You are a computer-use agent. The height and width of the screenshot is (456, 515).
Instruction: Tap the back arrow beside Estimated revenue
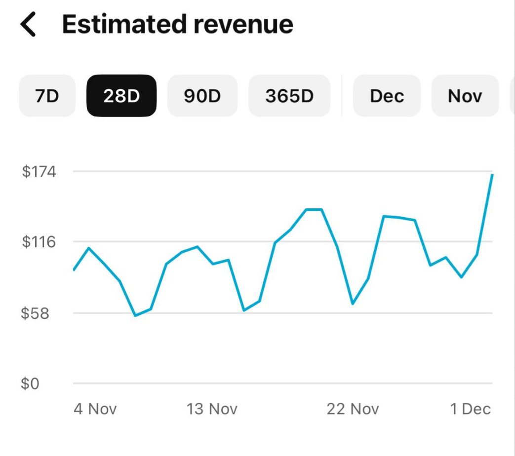[x=28, y=25]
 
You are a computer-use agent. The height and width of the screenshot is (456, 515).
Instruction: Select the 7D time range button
[x=47, y=96]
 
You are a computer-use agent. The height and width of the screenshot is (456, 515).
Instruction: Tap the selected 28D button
[x=121, y=96]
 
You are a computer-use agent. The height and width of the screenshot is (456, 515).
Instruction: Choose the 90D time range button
[x=202, y=96]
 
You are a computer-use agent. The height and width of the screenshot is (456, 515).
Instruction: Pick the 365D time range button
[x=289, y=96]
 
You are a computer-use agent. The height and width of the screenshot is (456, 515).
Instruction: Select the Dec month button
[x=387, y=96]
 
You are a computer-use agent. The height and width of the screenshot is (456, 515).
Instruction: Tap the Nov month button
[x=465, y=96]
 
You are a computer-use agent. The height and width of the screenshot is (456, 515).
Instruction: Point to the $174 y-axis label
[x=39, y=172]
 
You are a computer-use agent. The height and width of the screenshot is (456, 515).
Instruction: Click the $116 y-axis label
[x=39, y=242]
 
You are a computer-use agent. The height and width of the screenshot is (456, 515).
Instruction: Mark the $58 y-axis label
[x=35, y=313]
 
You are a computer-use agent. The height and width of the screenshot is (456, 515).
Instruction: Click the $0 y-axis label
[x=30, y=384]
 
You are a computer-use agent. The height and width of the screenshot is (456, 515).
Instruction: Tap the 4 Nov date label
[x=95, y=409]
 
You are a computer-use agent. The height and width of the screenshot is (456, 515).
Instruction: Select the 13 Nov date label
[x=212, y=409]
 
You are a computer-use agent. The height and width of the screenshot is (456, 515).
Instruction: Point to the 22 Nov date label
[x=353, y=409]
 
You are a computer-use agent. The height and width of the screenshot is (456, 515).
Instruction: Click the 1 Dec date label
[x=470, y=409]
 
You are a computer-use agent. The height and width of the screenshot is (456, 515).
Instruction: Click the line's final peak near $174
[x=492, y=175]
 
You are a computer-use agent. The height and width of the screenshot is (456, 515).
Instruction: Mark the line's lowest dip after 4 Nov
[x=135, y=315]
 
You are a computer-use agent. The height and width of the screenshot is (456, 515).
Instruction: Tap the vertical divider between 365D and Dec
[x=342, y=96]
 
